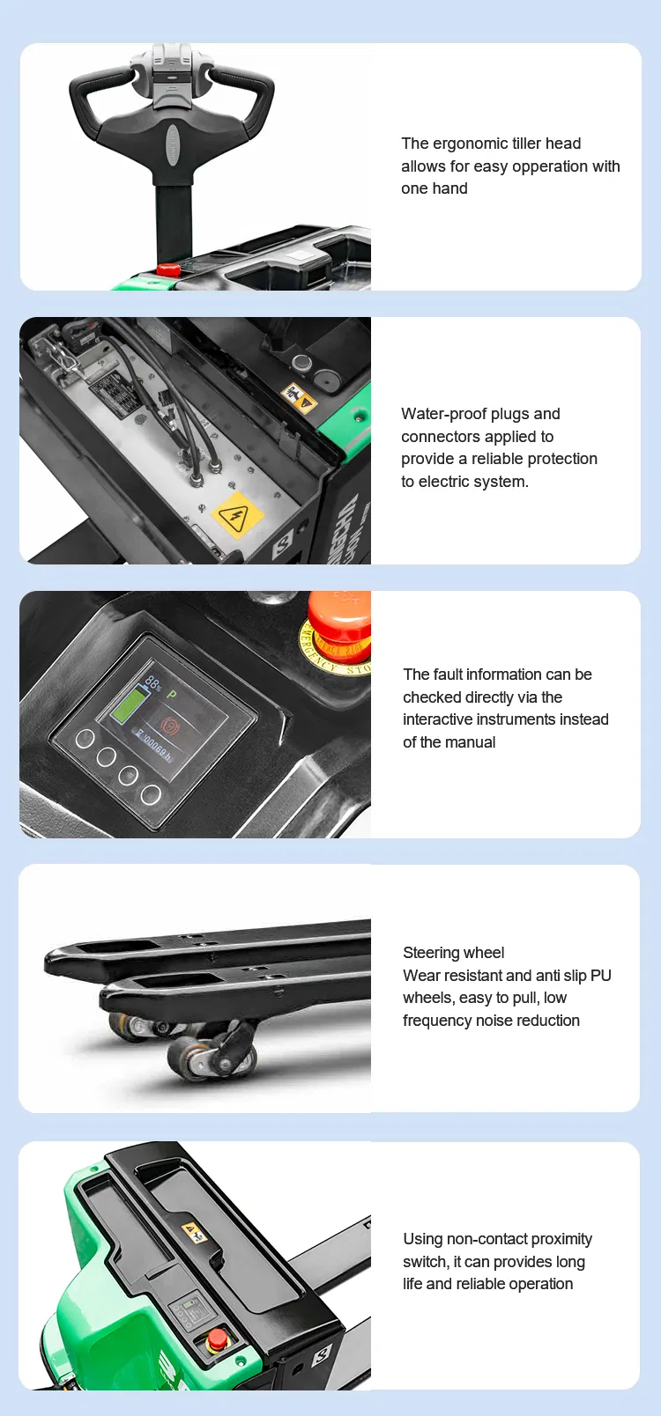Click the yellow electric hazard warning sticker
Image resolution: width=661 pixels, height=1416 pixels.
coord(237,515)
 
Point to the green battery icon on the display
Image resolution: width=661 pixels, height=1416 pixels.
coord(129,706)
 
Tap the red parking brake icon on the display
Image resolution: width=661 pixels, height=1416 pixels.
coord(169,725)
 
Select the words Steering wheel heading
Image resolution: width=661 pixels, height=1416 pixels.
coord(454,953)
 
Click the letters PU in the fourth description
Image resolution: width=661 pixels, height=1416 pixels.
coord(601,976)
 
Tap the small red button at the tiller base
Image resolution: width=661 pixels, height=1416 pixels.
coord(169,269)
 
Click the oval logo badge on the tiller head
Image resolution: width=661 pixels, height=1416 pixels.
coord(173,144)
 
